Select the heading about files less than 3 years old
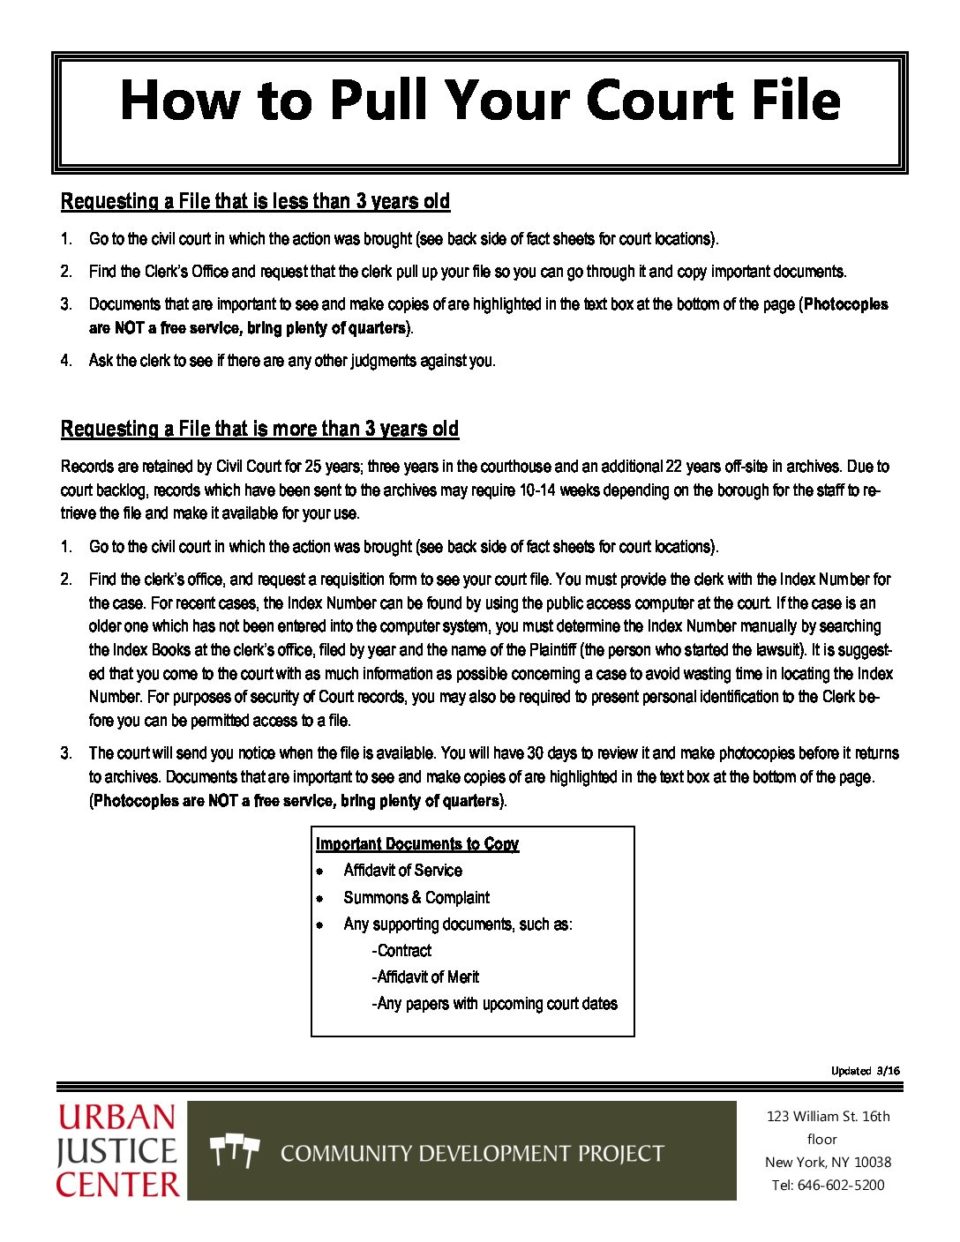255,201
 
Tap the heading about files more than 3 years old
260,429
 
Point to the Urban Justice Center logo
118,1151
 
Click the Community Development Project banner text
472,1153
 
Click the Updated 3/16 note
865,1071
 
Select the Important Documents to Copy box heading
417,844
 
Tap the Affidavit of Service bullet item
402,870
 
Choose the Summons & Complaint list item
416,897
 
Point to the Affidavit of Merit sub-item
425,977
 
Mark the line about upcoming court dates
494,1003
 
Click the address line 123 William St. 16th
828,1116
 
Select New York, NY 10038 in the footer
828,1162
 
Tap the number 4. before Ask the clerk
66,360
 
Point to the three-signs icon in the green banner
235,1152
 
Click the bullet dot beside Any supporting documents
320,925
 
